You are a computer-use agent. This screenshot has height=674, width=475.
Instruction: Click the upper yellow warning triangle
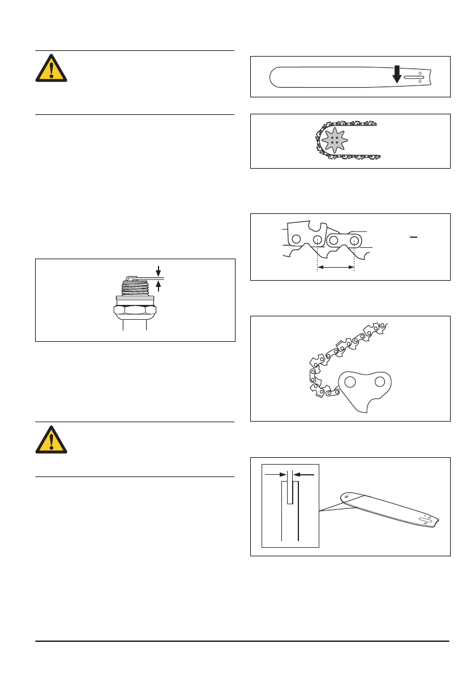(52, 68)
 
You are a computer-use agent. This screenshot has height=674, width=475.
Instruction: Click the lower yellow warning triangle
(52, 440)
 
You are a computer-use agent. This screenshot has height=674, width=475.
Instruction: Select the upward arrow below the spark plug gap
(159, 286)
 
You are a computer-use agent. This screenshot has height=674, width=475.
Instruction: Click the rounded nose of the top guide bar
(274, 76)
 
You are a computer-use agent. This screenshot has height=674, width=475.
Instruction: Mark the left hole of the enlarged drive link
(351, 383)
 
